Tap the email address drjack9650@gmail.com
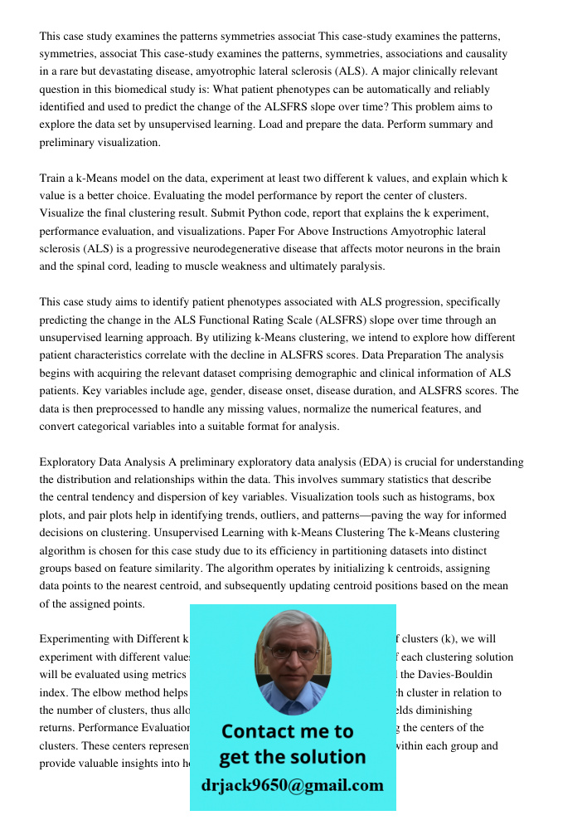coord(293,785)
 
